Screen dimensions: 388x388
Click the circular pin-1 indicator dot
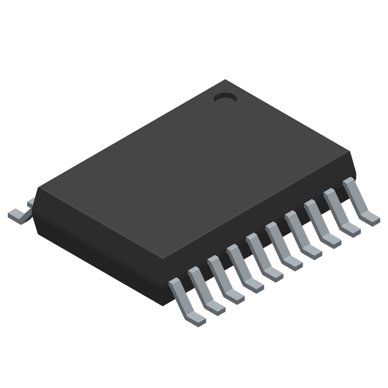click(x=225, y=97)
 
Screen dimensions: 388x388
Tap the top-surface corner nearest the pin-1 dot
click(x=226, y=81)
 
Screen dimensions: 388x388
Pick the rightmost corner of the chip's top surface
click(x=350, y=153)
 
